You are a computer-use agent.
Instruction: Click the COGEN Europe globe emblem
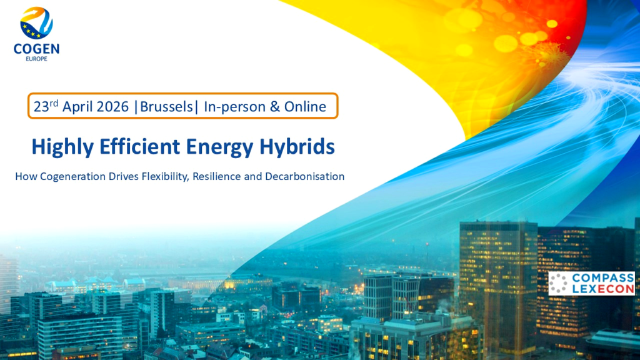(36, 23)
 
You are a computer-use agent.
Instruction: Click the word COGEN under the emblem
(36, 49)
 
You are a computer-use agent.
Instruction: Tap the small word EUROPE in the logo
(36, 59)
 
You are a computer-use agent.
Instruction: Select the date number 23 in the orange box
(41, 107)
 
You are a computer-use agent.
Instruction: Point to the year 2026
(113, 107)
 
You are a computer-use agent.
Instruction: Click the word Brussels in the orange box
(166, 106)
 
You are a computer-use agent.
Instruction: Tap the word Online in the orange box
(305, 106)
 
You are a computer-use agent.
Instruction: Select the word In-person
(235, 107)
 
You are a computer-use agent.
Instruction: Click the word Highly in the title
(62, 147)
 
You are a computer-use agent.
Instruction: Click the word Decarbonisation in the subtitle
(304, 176)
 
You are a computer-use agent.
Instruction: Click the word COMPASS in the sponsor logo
(603, 278)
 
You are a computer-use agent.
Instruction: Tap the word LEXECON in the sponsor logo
(603, 289)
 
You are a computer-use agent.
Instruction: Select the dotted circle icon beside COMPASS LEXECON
(558, 283)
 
